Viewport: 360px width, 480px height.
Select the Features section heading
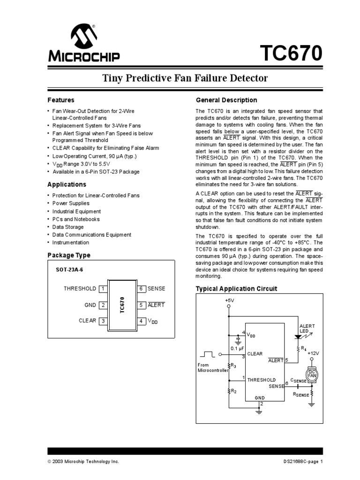[x=61, y=100]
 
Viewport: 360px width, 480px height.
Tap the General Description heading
[x=226, y=100]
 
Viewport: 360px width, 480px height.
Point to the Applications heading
[x=67, y=185]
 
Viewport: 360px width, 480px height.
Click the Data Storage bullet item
[x=68, y=227]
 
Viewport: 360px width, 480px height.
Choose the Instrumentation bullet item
[x=70, y=242]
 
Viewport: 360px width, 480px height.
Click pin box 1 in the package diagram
[x=102, y=289]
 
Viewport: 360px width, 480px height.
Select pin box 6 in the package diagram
[x=141, y=289]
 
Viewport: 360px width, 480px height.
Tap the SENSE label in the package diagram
[x=157, y=289]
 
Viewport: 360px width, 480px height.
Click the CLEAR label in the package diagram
[x=87, y=321]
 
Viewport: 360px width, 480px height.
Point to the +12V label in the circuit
[x=313, y=353]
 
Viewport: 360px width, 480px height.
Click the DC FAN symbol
[x=312, y=373]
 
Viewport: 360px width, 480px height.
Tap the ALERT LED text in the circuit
[x=307, y=329]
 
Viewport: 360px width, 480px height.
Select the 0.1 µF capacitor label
[x=237, y=348]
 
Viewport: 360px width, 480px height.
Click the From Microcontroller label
[x=212, y=367]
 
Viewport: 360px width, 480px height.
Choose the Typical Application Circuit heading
[x=236, y=289]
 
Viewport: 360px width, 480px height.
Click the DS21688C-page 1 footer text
[x=300, y=461]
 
